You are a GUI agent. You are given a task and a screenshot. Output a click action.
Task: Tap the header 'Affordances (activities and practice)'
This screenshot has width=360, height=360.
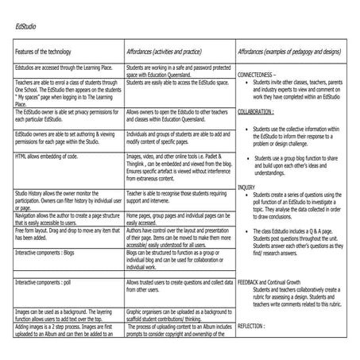(x=171, y=51)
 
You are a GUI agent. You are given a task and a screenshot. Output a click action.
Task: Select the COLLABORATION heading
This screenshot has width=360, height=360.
(x=257, y=113)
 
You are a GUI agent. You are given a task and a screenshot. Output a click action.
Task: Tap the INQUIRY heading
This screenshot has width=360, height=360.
(x=246, y=186)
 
